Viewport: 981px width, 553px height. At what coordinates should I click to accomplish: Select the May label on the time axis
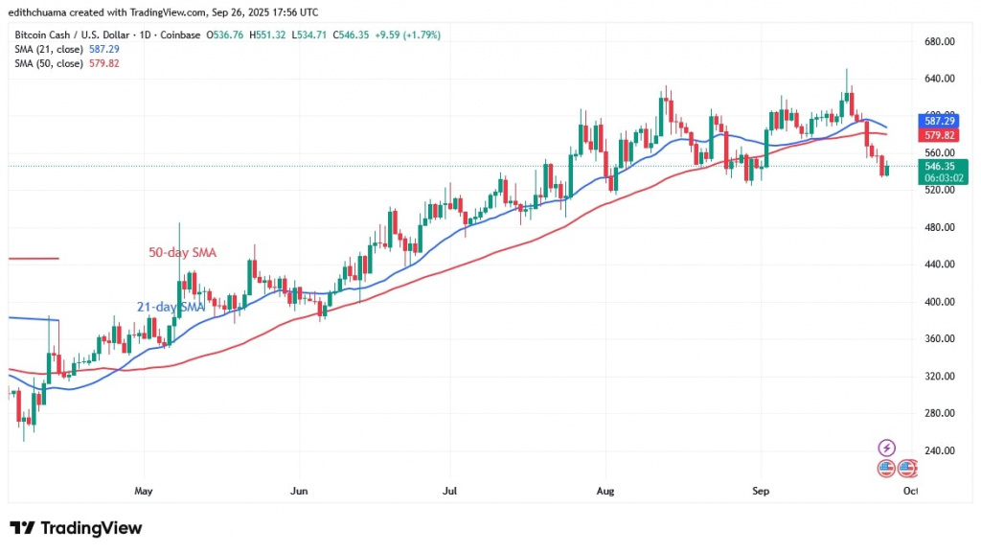(144, 491)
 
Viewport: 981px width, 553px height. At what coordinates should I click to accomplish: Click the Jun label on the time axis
(299, 491)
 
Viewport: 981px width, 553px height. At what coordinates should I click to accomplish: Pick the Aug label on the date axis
(605, 491)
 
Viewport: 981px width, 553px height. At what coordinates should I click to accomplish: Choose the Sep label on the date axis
(761, 491)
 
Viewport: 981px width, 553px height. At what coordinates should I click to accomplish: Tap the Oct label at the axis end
(910, 491)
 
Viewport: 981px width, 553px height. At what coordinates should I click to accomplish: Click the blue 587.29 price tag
(939, 122)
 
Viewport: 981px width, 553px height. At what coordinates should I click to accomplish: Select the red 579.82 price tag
(939, 136)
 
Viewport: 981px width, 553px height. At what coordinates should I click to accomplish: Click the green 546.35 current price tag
(939, 166)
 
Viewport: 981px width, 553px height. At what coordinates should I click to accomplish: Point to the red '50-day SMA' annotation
(182, 253)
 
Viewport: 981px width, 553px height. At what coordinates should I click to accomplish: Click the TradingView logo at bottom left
(76, 528)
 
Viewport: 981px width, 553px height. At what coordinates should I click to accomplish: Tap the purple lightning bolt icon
(886, 448)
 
